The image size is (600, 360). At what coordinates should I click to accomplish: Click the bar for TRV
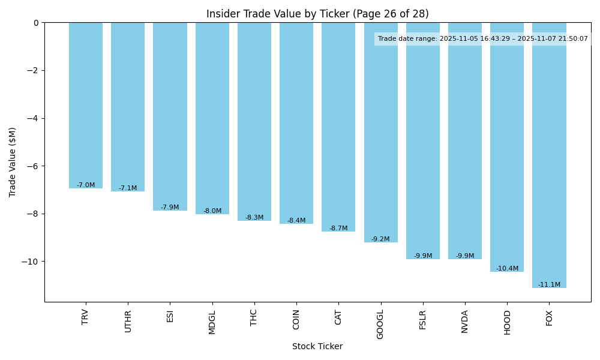86,105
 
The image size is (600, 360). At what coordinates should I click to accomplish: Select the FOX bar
549,155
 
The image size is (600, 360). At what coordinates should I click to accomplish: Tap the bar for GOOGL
380,132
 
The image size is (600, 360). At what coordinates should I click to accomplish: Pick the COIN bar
296,123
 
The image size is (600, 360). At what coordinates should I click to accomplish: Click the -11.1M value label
549,284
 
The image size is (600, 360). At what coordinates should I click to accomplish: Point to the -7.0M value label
86,185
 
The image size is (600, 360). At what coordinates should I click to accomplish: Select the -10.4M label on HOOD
507,268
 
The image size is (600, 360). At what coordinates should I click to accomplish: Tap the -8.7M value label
338,228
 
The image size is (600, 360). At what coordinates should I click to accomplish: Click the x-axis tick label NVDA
465,321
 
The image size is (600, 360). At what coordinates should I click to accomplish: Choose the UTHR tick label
128,321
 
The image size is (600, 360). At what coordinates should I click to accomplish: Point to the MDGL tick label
212,322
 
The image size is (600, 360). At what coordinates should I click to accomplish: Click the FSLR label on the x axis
423,321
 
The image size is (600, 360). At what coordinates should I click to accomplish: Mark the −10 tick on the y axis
29,262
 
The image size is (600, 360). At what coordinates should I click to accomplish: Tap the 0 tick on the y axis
35,23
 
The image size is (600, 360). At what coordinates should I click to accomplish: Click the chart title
317,14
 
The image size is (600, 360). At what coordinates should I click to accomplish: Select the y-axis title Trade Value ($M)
13,162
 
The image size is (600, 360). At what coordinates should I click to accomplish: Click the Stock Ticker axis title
317,346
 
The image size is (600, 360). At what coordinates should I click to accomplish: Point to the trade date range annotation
482,38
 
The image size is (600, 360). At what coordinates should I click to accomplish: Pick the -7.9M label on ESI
170,207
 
